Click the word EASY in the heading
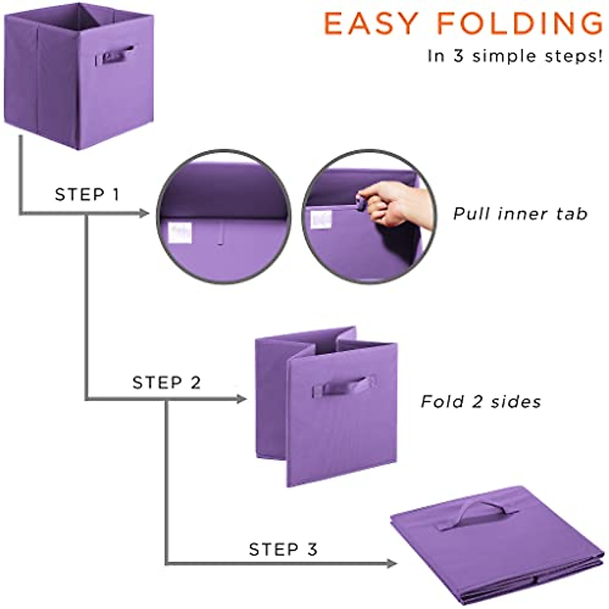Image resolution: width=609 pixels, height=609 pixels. click(371, 23)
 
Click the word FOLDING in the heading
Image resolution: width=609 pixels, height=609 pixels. click(520, 23)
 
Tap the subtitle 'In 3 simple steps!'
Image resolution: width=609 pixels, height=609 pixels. click(515, 56)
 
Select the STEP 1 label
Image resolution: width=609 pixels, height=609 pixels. click(87, 194)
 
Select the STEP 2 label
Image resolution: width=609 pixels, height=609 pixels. click(166, 382)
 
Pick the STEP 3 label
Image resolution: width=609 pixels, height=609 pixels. click(283, 549)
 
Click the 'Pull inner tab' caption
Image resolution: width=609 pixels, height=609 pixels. click(520, 214)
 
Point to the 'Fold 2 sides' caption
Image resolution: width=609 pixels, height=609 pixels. click(481, 402)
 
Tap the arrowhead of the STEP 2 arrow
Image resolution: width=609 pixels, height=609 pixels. click(242, 399)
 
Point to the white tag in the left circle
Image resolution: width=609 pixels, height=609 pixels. click(180, 232)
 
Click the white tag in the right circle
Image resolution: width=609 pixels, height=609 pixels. click(321, 219)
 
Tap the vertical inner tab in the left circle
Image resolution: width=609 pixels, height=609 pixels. click(221, 233)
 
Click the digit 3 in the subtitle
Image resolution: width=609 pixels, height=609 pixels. click(458, 56)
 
